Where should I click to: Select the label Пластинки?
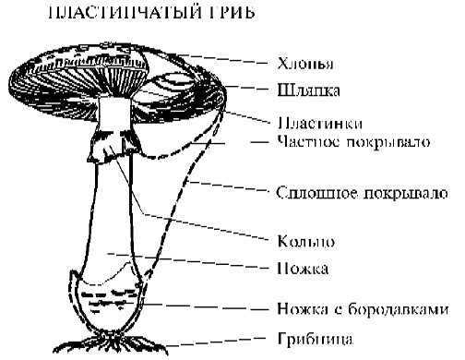pos(315,121)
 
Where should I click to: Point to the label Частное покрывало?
pos(349,142)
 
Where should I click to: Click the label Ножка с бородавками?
pos(363,308)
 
